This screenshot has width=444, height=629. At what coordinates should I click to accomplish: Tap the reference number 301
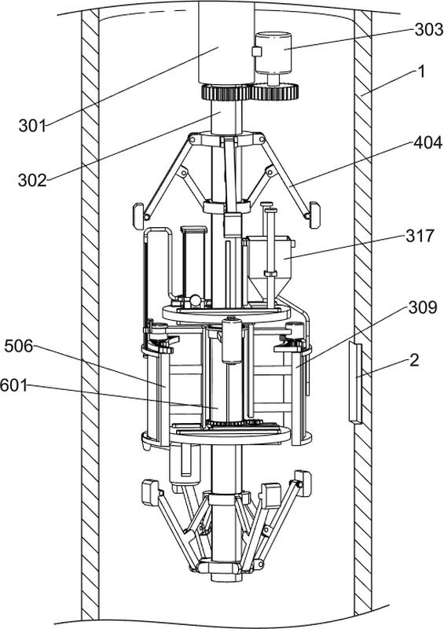[x=32, y=126]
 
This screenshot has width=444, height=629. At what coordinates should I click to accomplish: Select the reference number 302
[x=32, y=181]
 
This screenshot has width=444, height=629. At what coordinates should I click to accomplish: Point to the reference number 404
[x=428, y=142]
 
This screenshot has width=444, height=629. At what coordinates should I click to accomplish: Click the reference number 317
[x=420, y=235]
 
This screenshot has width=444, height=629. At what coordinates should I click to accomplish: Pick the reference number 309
[x=423, y=307]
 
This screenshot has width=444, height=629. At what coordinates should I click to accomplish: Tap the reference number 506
[x=19, y=346]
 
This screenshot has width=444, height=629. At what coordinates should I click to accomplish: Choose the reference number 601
[x=14, y=386]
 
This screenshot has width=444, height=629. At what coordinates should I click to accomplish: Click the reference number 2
[x=414, y=360]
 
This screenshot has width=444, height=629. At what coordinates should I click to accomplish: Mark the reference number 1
[x=420, y=72]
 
